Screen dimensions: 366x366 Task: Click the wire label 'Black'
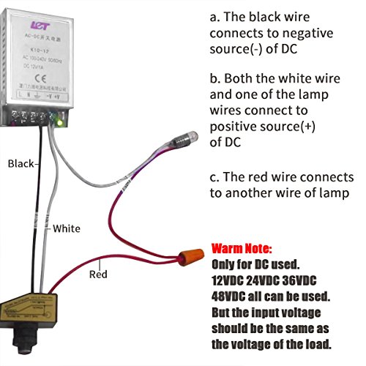[20, 164]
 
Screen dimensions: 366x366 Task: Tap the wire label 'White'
[66, 228]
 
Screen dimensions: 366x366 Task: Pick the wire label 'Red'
[98, 275]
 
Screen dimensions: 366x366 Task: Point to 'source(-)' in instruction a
[240, 51]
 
